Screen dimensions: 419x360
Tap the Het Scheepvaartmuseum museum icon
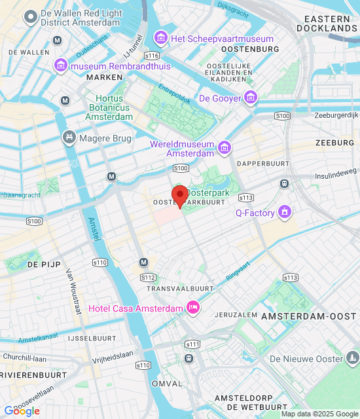(161, 39)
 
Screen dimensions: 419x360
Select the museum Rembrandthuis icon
(61, 65)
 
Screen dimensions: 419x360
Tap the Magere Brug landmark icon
(69, 138)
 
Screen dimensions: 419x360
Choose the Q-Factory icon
(285, 212)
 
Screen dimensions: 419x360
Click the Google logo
(22, 410)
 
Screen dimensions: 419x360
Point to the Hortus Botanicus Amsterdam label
(108, 107)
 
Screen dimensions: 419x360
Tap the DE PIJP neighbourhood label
(44, 264)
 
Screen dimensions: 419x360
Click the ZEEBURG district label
(334, 142)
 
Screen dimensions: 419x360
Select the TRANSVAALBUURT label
(181, 288)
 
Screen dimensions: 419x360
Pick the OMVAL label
(166, 384)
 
